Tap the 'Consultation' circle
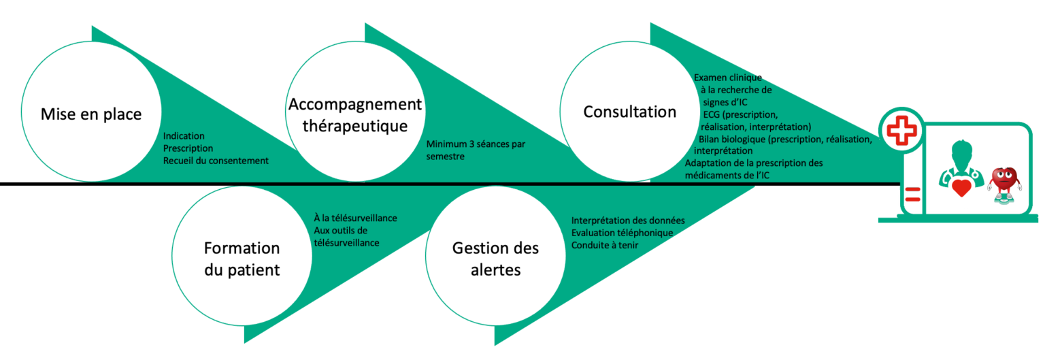click(x=629, y=112)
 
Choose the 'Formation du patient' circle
click(x=243, y=259)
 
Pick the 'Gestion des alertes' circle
click(x=495, y=259)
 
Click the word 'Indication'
click(x=184, y=136)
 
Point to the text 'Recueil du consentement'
click(x=216, y=161)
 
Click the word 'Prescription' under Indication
click(x=188, y=148)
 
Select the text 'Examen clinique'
click(x=727, y=78)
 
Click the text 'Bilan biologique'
click(x=732, y=139)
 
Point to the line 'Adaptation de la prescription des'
click(x=754, y=163)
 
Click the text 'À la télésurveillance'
click(x=355, y=218)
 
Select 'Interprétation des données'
click(x=627, y=220)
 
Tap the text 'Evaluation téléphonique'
click(x=622, y=233)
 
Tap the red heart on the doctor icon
click(x=961, y=186)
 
